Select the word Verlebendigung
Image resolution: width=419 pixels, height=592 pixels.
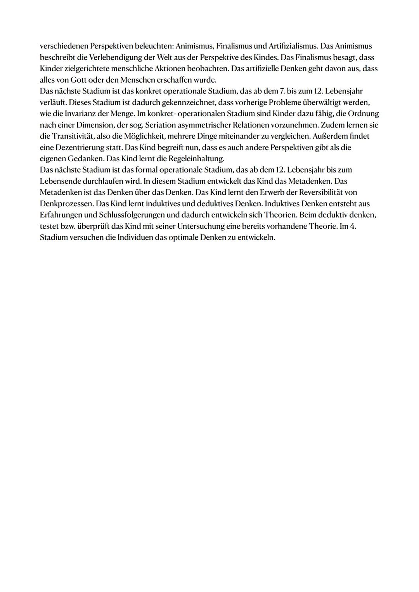114,57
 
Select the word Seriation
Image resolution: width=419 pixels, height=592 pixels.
161,125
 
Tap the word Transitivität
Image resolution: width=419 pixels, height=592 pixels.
69,136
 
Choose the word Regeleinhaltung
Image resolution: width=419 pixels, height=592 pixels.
197,159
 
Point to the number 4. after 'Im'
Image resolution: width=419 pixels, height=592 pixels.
353,226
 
